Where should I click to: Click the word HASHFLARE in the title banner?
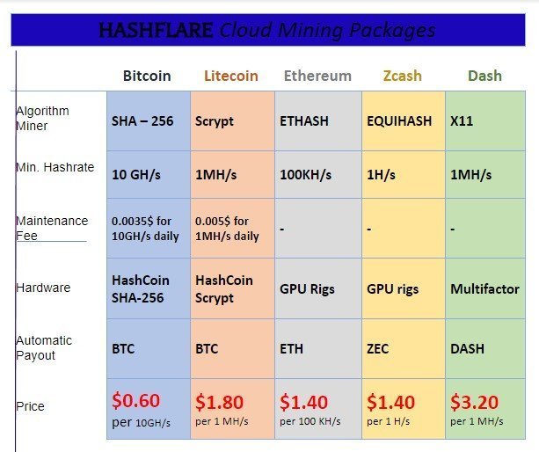pos(156,30)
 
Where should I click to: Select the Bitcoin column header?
pos(147,76)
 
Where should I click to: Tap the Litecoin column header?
pos(231,76)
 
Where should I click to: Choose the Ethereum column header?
pos(317,76)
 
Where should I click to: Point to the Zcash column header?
pos(403,76)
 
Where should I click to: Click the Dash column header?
pos(485,76)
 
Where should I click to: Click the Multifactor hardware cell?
pos(484,289)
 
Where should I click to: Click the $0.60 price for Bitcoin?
pos(136,401)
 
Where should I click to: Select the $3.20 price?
pos(475,402)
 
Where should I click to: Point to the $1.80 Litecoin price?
pos(219,402)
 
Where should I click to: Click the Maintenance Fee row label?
pos(52,229)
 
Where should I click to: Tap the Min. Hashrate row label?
pos(55,167)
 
